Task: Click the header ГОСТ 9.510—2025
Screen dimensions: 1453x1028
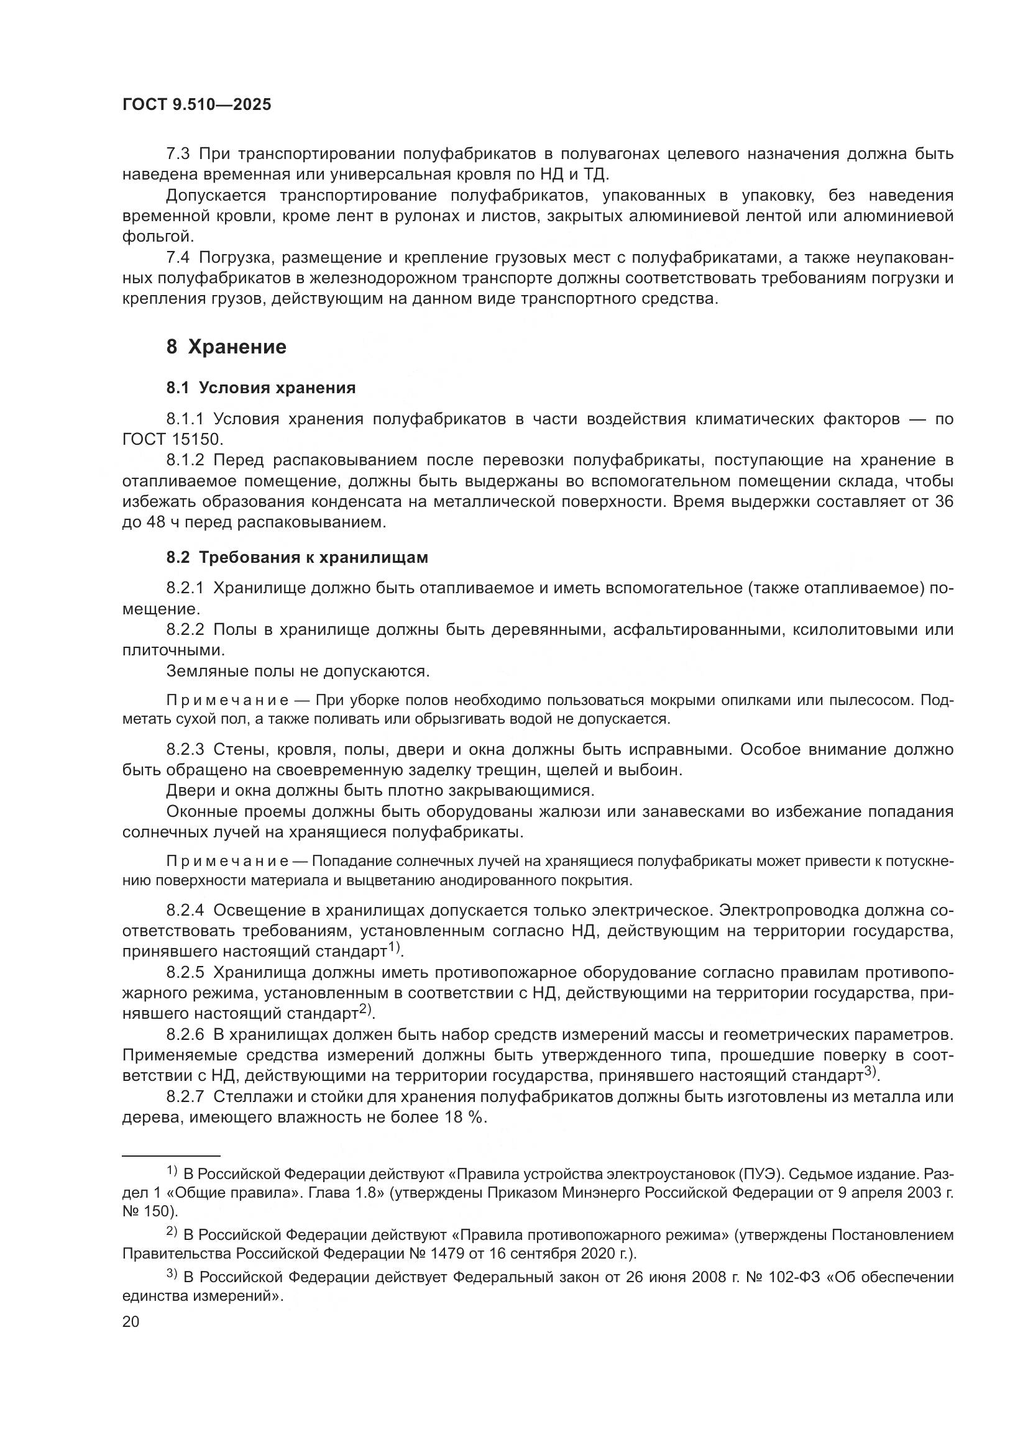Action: [x=197, y=105]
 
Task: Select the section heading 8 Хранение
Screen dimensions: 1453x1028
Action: [x=226, y=347]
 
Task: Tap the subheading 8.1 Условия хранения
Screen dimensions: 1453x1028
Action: [x=261, y=388]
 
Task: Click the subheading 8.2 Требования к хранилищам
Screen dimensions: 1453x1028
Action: [x=297, y=557]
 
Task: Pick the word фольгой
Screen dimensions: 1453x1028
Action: [x=157, y=237]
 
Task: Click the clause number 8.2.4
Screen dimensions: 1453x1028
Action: [x=185, y=911]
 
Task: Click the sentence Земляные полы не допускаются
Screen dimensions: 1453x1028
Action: [x=298, y=671]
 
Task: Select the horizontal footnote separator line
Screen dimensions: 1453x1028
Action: [x=171, y=1155]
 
